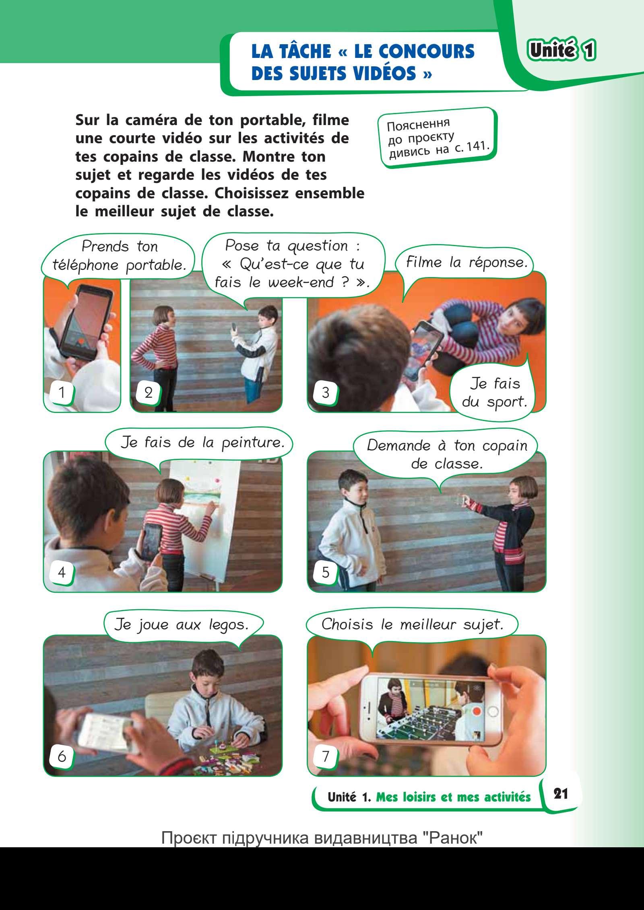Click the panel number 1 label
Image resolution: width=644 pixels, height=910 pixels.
62,392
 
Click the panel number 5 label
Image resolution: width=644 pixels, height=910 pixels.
326,572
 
